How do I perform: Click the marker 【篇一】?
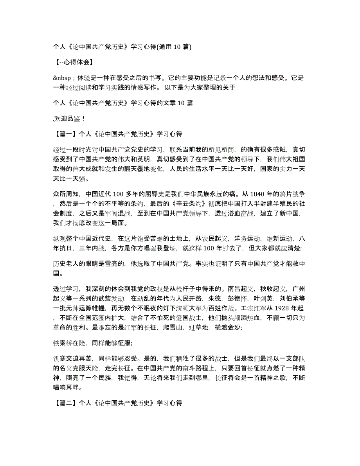[x=65, y=133]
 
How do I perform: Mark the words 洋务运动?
[x=242, y=238]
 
